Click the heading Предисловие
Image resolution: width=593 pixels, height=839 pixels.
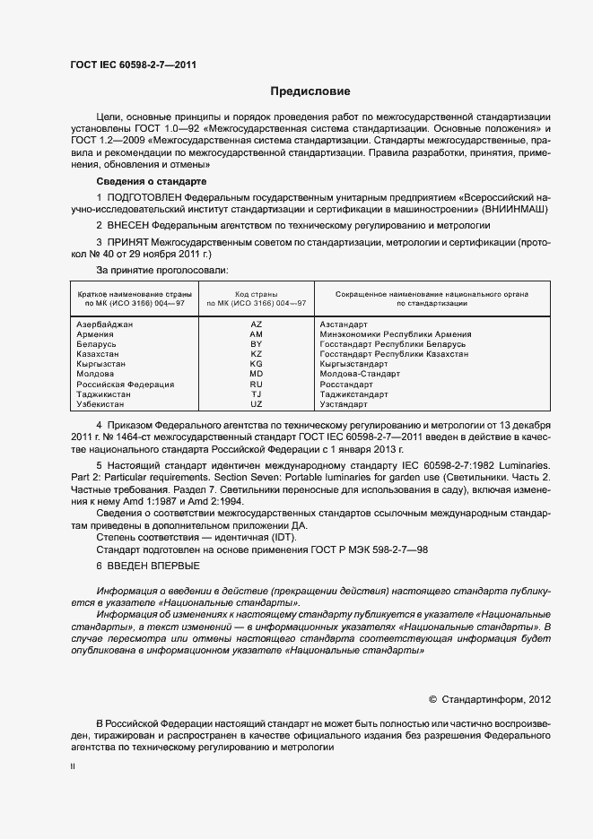(310, 91)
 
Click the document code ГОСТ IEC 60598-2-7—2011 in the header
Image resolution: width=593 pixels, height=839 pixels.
(134, 65)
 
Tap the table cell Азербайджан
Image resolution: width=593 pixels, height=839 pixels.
(105, 324)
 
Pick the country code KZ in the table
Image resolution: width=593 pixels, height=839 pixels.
(256, 354)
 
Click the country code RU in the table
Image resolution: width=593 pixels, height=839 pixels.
(256, 385)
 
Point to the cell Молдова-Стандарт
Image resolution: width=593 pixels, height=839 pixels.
(359, 375)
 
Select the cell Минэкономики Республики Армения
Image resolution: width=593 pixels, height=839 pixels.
(396, 334)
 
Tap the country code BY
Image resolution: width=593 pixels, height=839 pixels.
(256, 344)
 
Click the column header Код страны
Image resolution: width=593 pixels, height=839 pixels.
(256, 294)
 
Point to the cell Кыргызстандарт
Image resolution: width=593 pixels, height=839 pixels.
(357, 365)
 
